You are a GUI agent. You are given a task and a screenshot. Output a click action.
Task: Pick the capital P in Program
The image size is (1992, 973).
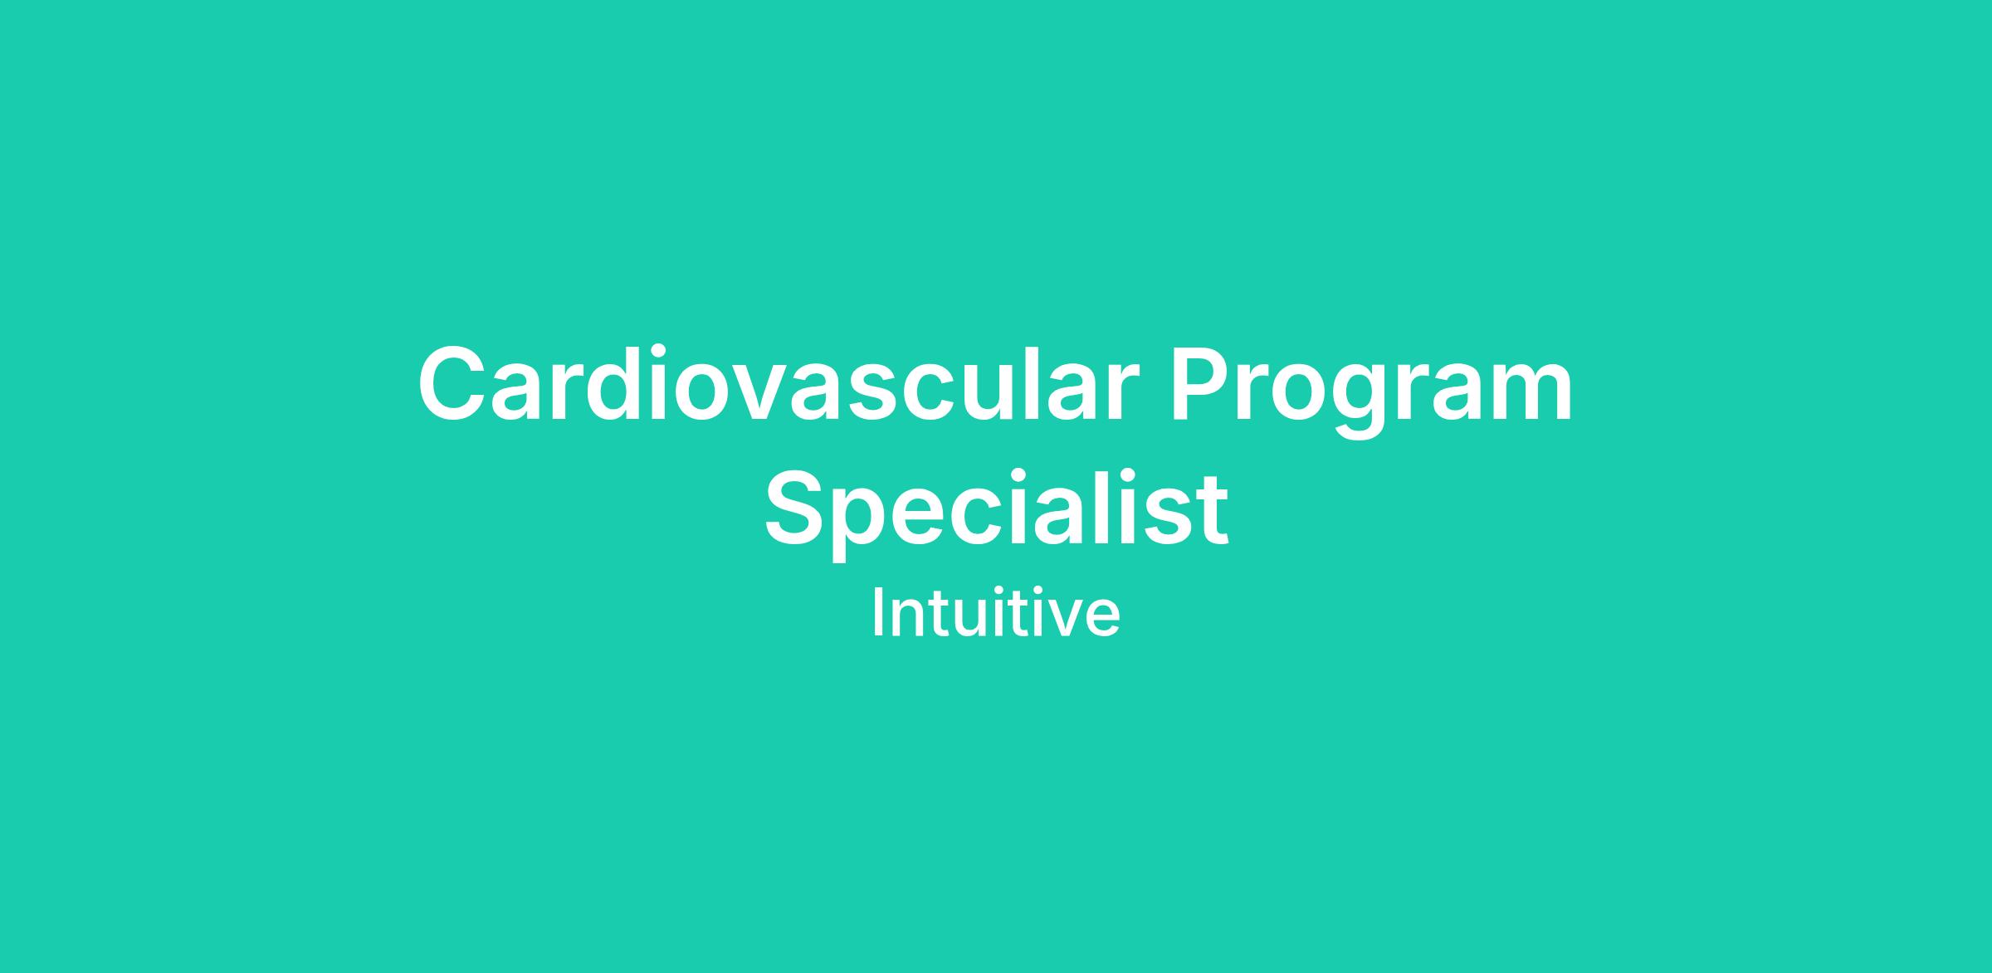1203,382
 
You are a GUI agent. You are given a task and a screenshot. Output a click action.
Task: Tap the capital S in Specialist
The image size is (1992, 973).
797,506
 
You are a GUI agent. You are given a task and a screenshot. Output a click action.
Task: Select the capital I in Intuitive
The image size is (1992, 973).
876,613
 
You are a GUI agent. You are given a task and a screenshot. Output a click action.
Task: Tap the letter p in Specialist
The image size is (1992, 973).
871,523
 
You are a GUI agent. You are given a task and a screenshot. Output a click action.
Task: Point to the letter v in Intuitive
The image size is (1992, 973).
1066,620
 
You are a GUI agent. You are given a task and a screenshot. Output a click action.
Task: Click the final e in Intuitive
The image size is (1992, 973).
1103,620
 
